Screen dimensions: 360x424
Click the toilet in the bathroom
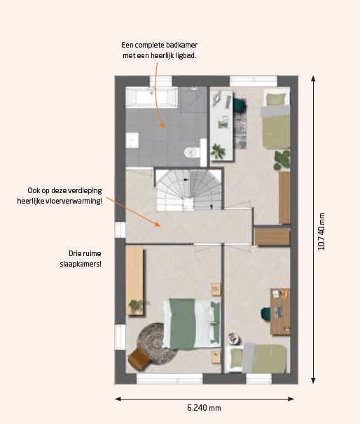(193, 152)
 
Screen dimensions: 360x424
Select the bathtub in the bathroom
(151, 97)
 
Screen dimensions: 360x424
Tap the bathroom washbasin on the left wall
(132, 140)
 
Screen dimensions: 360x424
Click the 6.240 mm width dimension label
(204, 408)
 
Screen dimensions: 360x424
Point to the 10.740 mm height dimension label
(321, 232)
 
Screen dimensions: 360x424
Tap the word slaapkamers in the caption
(81, 264)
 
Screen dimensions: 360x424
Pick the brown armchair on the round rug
(139, 358)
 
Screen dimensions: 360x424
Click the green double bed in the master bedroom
(192, 324)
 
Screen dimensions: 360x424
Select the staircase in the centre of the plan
(189, 189)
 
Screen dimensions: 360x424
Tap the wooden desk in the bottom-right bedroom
(280, 311)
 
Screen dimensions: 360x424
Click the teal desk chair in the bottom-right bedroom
(266, 313)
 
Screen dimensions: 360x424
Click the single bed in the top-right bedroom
(275, 120)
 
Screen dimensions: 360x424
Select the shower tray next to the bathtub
(193, 99)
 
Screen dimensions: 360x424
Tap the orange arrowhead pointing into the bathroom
(162, 125)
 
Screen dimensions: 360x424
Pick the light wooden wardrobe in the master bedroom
(134, 281)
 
